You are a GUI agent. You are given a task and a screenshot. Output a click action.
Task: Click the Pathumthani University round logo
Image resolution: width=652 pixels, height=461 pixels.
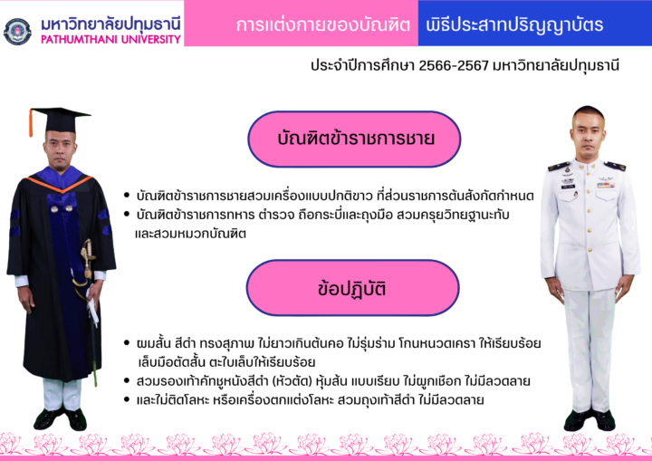point(17,32)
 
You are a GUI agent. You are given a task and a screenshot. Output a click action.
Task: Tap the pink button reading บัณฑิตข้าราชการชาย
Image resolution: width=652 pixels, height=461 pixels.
point(354,139)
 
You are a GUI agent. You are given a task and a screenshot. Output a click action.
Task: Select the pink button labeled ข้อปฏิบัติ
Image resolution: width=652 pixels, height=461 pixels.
point(352,288)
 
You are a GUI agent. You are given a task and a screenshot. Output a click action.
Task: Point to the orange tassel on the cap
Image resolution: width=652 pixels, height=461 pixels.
point(31,123)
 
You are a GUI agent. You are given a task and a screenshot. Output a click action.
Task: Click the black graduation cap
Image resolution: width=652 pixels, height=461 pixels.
point(60,120)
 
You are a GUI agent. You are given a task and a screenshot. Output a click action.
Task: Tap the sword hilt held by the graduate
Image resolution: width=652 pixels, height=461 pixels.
point(87,258)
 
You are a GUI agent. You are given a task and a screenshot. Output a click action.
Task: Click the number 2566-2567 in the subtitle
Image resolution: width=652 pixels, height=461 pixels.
point(454,65)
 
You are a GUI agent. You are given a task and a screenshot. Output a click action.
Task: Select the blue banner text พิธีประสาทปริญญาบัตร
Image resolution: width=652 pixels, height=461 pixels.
point(514,25)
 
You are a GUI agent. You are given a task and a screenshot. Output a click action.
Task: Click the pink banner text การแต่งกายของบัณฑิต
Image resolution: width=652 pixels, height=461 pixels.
point(323,25)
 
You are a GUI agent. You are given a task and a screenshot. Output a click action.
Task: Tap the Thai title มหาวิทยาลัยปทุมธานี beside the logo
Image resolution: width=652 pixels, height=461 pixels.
point(110,24)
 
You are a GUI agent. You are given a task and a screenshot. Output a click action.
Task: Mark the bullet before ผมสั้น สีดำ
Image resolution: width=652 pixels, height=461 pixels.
point(127,343)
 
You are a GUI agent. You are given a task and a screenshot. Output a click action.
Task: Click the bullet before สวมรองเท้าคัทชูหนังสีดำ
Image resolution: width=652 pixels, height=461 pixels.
point(127,380)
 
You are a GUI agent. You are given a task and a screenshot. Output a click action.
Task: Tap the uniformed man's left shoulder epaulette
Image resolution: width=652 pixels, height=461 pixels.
point(615,166)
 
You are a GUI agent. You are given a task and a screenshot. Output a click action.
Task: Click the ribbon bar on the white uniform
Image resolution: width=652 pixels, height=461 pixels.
point(606,185)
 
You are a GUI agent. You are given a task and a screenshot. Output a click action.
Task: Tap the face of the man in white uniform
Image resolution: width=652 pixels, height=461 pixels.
point(588,132)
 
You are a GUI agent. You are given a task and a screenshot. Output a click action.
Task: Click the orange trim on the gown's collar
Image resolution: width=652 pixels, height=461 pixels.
point(60,185)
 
